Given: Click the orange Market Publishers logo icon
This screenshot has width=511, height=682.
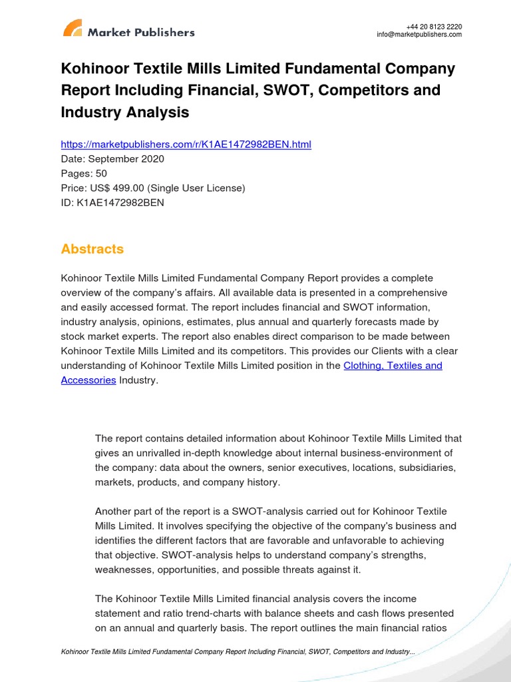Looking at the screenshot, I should (x=73, y=28).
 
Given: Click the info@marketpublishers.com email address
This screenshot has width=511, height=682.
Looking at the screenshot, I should (x=419, y=35).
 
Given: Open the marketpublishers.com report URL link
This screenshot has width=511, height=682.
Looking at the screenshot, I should (x=186, y=145).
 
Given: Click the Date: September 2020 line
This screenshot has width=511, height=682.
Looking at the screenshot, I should (x=112, y=159).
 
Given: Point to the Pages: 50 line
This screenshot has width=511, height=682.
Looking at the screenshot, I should (x=84, y=174).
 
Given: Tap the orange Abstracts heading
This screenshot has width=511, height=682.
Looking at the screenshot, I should (x=92, y=249).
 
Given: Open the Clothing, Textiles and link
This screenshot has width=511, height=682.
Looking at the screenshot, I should (x=393, y=366).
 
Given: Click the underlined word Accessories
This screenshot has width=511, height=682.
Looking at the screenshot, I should (x=88, y=380).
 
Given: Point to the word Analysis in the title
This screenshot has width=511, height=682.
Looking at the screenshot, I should (x=157, y=113).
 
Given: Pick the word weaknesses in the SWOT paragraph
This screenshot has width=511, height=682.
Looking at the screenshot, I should (x=124, y=569).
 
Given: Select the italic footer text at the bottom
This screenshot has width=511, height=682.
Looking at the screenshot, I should (x=238, y=651).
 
